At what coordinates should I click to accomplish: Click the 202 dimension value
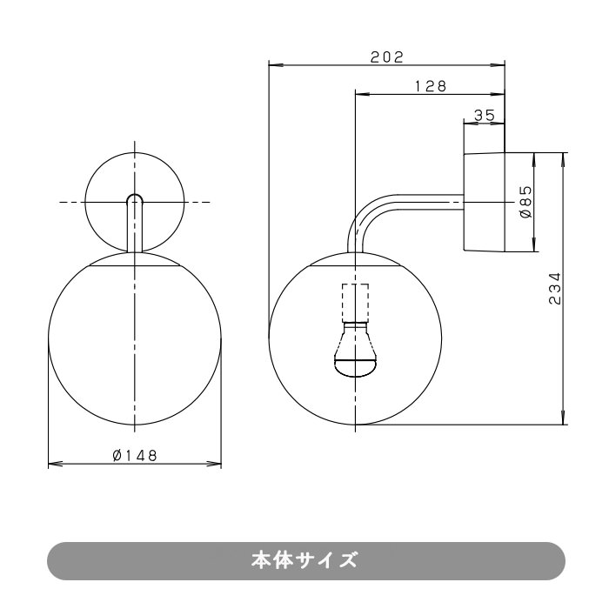pyautogui.click(x=386, y=57)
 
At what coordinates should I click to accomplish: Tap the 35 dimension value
pyautogui.click(x=485, y=114)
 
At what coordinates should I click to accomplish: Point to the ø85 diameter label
pyautogui.click(x=525, y=202)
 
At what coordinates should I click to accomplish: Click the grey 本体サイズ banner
pyautogui.click(x=304, y=560)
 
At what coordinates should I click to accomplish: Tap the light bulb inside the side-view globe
pyautogui.click(x=356, y=352)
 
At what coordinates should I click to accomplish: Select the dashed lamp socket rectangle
pyautogui.click(x=356, y=303)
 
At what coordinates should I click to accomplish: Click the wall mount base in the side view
pyautogui.click(x=485, y=202)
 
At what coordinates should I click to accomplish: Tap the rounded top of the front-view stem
pyautogui.click(x=135, y=199)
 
